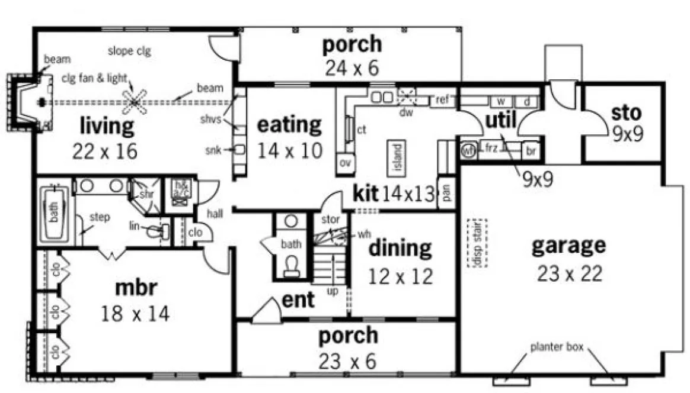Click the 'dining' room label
[x=400, y=249]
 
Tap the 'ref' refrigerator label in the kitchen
[x=442, y=99]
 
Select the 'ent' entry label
[x=298, y=299]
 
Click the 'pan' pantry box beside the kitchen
[x=445, y=193]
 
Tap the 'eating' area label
[x=289, y=125]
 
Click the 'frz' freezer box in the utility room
[x=490, y=149]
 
